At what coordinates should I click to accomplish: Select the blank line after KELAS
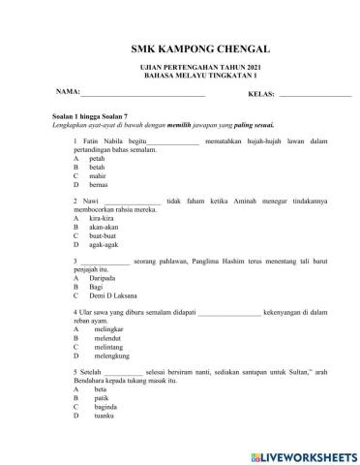point(314,96)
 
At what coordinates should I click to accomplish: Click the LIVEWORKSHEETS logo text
point(308,453)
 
